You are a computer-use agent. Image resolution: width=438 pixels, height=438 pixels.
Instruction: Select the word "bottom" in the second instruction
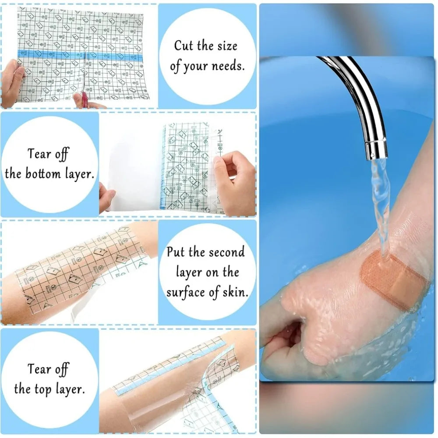43,174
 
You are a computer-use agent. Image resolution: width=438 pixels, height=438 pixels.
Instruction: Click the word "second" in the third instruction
227,252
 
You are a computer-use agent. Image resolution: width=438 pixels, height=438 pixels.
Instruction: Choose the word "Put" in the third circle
176,252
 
